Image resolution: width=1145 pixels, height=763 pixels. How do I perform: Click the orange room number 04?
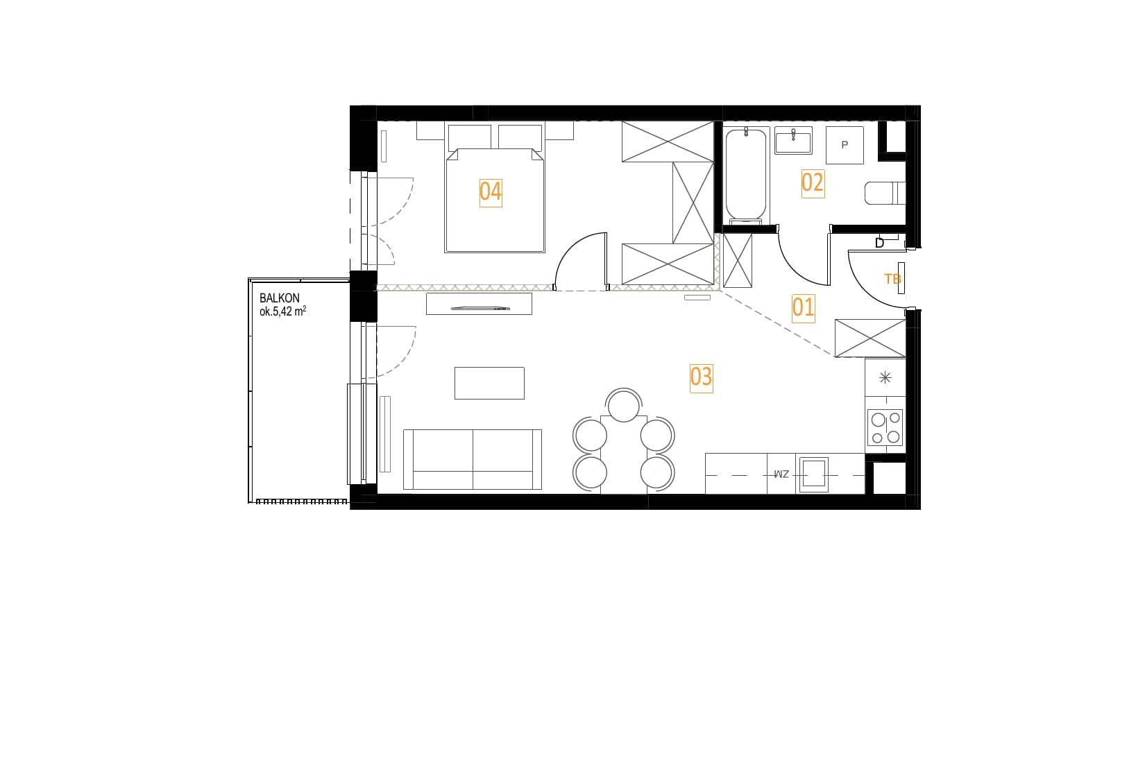490,192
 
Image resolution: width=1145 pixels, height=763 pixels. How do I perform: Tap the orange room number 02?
812,183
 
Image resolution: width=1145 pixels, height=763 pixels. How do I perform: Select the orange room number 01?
802,308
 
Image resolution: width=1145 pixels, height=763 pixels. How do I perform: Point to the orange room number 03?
701,377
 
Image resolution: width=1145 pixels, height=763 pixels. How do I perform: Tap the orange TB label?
892,279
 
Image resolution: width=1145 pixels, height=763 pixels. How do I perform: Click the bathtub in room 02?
746,175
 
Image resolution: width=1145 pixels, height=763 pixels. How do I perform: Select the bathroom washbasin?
792,141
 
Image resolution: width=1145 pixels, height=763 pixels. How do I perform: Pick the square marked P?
845,145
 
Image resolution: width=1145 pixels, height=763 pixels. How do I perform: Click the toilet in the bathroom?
885,193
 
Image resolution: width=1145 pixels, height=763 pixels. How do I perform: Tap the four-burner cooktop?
885,428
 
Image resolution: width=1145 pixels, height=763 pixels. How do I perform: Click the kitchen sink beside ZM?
814,474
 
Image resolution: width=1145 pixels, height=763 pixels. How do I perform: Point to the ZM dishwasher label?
781,474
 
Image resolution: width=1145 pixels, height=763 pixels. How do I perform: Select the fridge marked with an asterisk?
885,377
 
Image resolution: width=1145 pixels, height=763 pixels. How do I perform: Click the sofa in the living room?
473,459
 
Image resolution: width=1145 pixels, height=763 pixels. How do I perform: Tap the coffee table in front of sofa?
489,383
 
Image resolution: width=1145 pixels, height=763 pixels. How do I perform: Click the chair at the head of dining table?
623,405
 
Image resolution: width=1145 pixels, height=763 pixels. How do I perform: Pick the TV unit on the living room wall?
479,304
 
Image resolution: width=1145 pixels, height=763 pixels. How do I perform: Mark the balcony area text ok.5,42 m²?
282,311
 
